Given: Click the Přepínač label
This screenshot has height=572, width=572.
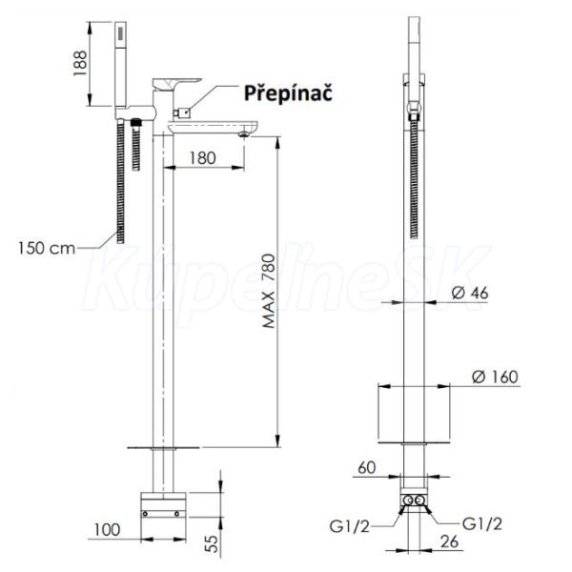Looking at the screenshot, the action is click(288, 93).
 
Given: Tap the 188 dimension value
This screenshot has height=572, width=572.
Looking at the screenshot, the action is click(80, 64).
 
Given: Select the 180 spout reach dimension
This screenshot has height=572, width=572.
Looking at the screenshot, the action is click(202, 158).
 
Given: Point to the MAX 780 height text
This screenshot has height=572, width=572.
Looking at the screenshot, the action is click(269, 291).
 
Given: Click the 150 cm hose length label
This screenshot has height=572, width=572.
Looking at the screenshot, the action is click(47, 249).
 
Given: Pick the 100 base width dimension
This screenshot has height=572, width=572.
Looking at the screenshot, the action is click(107, 530).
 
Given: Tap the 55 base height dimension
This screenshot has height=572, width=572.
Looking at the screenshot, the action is click(212, 543).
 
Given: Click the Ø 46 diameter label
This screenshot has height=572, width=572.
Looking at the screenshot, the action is click(470, 293).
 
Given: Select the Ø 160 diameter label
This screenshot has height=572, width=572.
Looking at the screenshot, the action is click(495, 377).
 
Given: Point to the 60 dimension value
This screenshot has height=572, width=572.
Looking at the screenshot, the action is click(367, 468).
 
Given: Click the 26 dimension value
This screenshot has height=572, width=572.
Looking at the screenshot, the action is click(449, 541).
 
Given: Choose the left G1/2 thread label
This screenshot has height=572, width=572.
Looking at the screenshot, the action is click(350, 526).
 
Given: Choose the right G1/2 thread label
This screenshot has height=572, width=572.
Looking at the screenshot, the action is click(481, 524).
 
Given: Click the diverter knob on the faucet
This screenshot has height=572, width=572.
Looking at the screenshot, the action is click(181, 113).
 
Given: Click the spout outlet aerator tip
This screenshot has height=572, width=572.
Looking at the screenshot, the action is click(244, 134).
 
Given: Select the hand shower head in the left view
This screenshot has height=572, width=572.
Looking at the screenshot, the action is click(121, 65).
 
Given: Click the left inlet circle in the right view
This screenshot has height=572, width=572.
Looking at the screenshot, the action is click(409, 500).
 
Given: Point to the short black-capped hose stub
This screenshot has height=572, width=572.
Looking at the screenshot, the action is click(136, 145).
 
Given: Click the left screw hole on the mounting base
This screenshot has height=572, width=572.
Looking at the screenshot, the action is click(145, 514).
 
